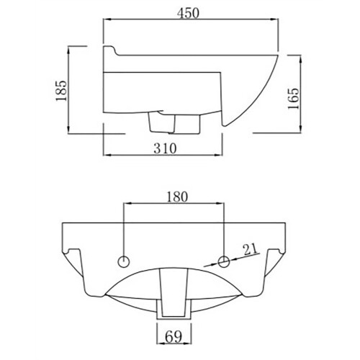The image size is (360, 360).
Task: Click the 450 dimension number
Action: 188,13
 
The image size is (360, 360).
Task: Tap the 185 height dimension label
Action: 61,91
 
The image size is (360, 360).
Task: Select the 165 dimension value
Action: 294,99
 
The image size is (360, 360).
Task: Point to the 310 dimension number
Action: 165,148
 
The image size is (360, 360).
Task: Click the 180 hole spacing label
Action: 177,197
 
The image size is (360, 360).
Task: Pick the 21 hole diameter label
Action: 250,250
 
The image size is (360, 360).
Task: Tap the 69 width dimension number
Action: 174,337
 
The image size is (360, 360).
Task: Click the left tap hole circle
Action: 124,261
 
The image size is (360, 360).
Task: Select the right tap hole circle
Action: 224,261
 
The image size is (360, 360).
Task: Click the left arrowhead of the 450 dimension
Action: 107,19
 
